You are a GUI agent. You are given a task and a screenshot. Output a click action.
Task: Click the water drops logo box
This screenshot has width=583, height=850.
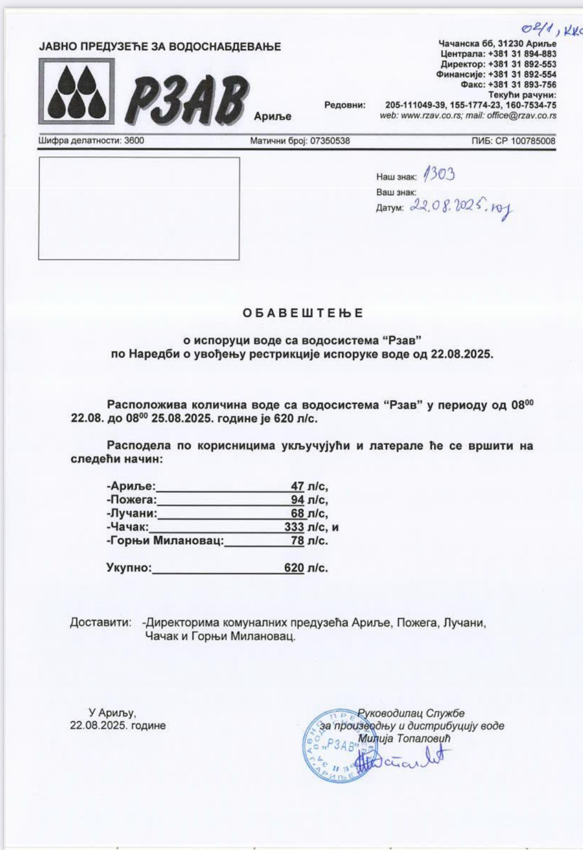tap(77, 91)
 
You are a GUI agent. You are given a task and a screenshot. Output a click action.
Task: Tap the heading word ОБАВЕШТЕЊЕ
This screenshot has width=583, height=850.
tap(303, 313)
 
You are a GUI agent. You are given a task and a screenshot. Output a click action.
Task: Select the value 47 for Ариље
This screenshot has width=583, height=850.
tap(297, 486)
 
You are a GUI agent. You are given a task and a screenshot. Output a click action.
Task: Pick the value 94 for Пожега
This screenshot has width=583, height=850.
tap(297, 500)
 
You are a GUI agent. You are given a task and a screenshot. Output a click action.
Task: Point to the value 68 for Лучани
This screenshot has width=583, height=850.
tap(297, 513)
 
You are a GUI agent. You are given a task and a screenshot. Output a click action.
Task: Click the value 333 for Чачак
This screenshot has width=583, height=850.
tap(294, 527)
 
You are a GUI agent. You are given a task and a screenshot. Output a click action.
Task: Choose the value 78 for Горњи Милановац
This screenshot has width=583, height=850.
tap(297, 541)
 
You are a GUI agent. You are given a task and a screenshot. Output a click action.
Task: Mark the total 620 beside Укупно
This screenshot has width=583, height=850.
tap(294, 568)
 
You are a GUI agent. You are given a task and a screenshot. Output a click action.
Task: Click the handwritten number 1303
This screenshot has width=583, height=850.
tap(439, 175)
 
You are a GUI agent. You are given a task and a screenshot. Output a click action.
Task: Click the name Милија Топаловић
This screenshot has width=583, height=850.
tap(404, 738)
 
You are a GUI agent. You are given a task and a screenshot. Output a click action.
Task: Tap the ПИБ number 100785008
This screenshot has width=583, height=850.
tap(533, 141)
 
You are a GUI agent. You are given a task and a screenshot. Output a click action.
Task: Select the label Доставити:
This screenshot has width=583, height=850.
tap(101, 623)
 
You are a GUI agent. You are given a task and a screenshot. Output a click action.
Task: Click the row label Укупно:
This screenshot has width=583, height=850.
tap(129, 568)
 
